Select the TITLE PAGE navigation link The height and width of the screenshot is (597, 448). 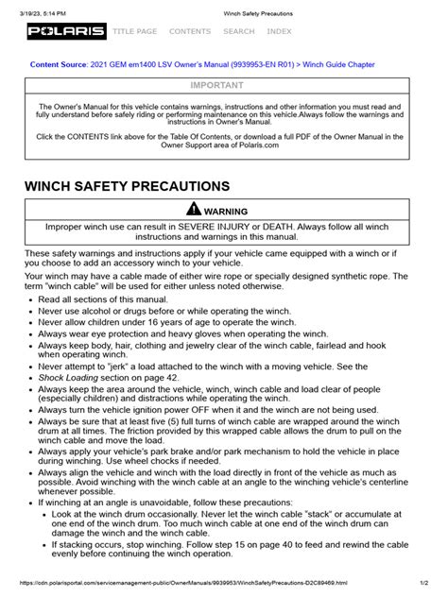click(x=134, y=32)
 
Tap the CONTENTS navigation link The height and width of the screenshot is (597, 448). click(x=190, y=32)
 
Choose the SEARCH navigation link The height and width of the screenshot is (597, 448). click(x=238, y=32)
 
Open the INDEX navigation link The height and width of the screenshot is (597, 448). click(x=279, y=32)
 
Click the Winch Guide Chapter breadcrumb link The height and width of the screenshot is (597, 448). click(x=337, y=65)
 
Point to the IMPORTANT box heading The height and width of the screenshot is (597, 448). click(x=223, y=84)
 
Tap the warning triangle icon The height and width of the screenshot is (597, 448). click(x=194, y=210)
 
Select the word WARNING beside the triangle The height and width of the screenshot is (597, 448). click(x=233, y=211)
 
